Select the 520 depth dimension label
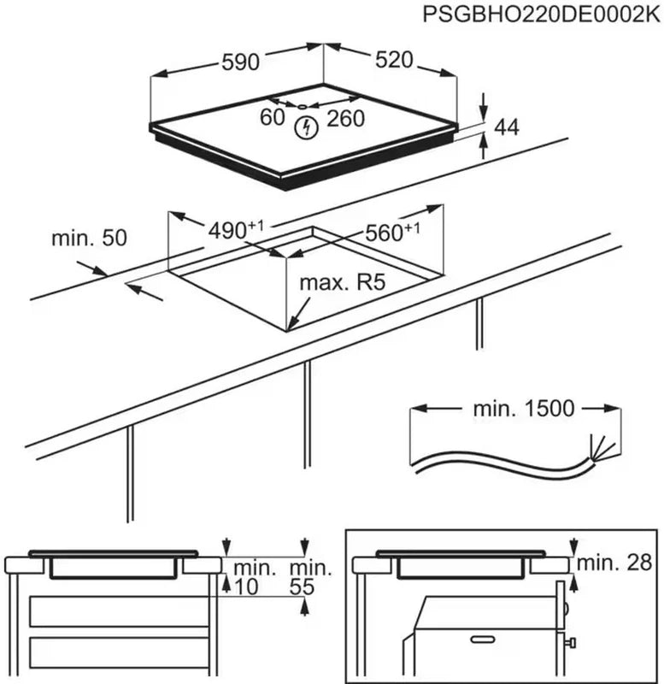click(395, 60)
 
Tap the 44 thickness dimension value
click(507, 127)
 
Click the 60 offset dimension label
click(273, 118)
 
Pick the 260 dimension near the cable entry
click(346, 119)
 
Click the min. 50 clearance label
click(89, 238)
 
